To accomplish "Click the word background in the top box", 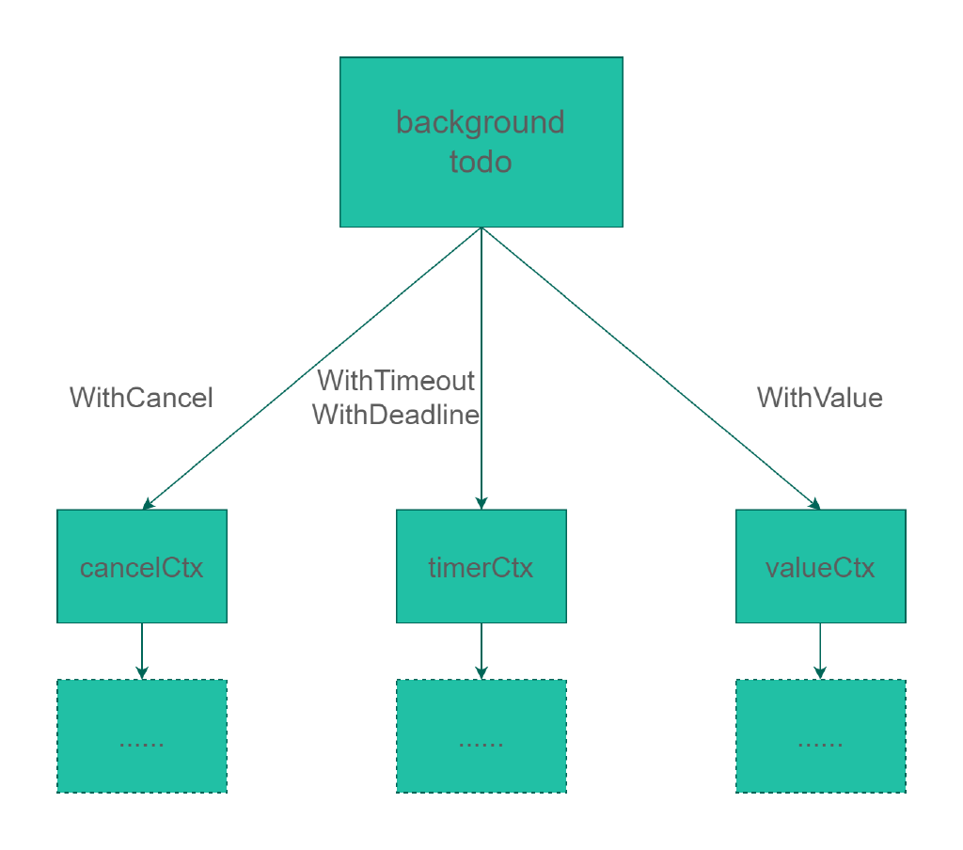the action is [481, 123].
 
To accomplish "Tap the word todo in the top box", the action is [481, 162].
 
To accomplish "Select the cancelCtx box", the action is [142, 566].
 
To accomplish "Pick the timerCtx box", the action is [481, 566].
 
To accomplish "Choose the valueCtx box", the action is [820, 566].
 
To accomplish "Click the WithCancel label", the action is [141, 398].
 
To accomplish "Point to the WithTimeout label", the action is [396, 381].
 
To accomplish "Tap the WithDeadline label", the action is [396, 415].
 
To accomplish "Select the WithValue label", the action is [820, 398].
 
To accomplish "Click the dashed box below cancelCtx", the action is [142, 736].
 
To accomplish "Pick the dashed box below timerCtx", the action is [481, 736].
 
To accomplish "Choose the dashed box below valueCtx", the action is [820, 736].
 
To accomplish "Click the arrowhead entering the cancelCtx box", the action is [148, 504].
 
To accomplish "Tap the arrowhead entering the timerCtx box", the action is [481, 503].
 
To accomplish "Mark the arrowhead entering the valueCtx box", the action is [815, 504].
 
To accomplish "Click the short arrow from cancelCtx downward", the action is [142, 651].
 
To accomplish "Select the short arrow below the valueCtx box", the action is [820, 651].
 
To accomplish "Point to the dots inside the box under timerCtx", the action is [481, 745].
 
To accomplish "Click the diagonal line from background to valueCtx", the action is [651, 369].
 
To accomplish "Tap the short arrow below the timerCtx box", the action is [481, 651].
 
